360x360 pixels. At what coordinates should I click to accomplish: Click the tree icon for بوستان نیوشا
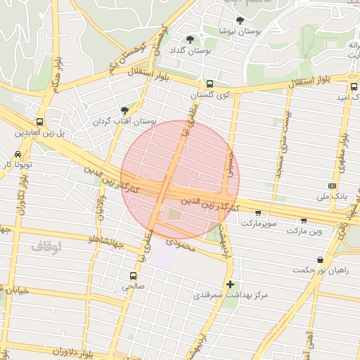click(x=240, y=20)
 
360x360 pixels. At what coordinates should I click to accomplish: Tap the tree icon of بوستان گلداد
click(x=191, y=39)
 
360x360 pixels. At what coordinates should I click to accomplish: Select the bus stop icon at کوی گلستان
click(x=210, y=83)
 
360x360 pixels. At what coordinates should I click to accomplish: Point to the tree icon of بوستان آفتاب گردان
click(x=125, y=110)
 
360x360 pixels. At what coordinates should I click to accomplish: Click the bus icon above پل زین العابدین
click(x=39, y=121)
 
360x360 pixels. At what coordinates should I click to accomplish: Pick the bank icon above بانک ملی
click(x=333, y=186)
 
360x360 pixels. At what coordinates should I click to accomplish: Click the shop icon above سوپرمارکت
click(x=258, y=212)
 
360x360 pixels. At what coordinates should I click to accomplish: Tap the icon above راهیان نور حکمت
click(x=321, y=259)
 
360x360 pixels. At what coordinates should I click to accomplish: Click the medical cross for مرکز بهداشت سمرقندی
click(x=230, y=284)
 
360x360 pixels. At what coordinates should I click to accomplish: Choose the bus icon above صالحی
click(x=133, y=275)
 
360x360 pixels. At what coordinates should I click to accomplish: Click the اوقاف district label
click(x=46, y=247)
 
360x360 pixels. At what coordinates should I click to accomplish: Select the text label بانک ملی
click(x=333, y=196)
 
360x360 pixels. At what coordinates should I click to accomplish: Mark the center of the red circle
click(x=181, y=179)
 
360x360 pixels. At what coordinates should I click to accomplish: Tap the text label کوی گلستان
click(x=210, y=95)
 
